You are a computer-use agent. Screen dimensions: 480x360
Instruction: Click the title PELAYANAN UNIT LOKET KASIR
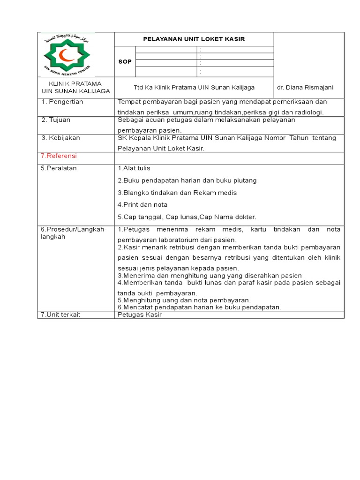[x=194, y=39]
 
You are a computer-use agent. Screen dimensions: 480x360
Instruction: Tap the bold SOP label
[x=125, y=61]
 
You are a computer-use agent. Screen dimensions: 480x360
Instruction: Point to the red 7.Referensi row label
[x=59, y=156]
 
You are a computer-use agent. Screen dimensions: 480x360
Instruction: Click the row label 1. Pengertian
[x=62, y=102]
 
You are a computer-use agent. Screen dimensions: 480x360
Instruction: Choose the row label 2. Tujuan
[x=56, y=120]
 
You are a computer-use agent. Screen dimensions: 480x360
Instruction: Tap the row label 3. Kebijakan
[x=61, y=138]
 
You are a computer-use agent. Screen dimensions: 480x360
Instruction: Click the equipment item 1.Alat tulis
[x=134, y=168]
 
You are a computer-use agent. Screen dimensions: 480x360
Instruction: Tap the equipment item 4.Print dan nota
[x=142, y=205]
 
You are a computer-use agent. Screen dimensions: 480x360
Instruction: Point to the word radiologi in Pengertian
[x=309, y=112]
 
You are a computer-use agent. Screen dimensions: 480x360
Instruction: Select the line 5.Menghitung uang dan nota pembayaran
[x=184, y=300]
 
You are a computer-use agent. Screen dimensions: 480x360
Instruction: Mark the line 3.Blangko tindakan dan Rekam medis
[x=177, y=193]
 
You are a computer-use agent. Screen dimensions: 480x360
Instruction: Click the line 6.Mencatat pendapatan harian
[x=199, y=307]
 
